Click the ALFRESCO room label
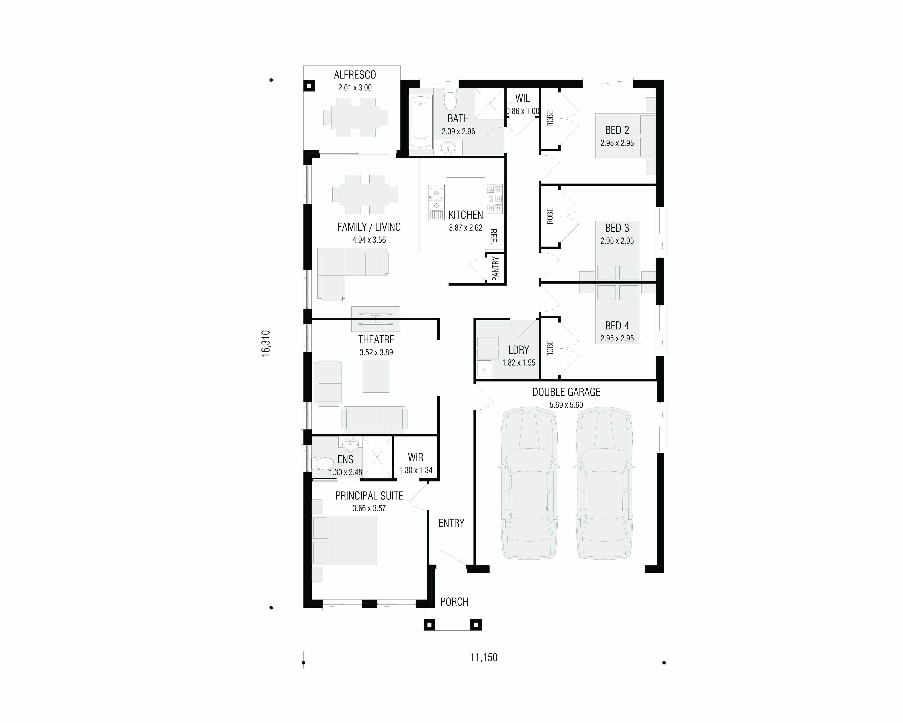coord(355,75)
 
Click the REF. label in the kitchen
coord(494,236)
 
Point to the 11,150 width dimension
coord(484,657)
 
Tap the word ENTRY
coord(451,523)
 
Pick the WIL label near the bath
coord(522,98)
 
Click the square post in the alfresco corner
coord(309,86)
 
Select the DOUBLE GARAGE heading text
coord(566,392)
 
